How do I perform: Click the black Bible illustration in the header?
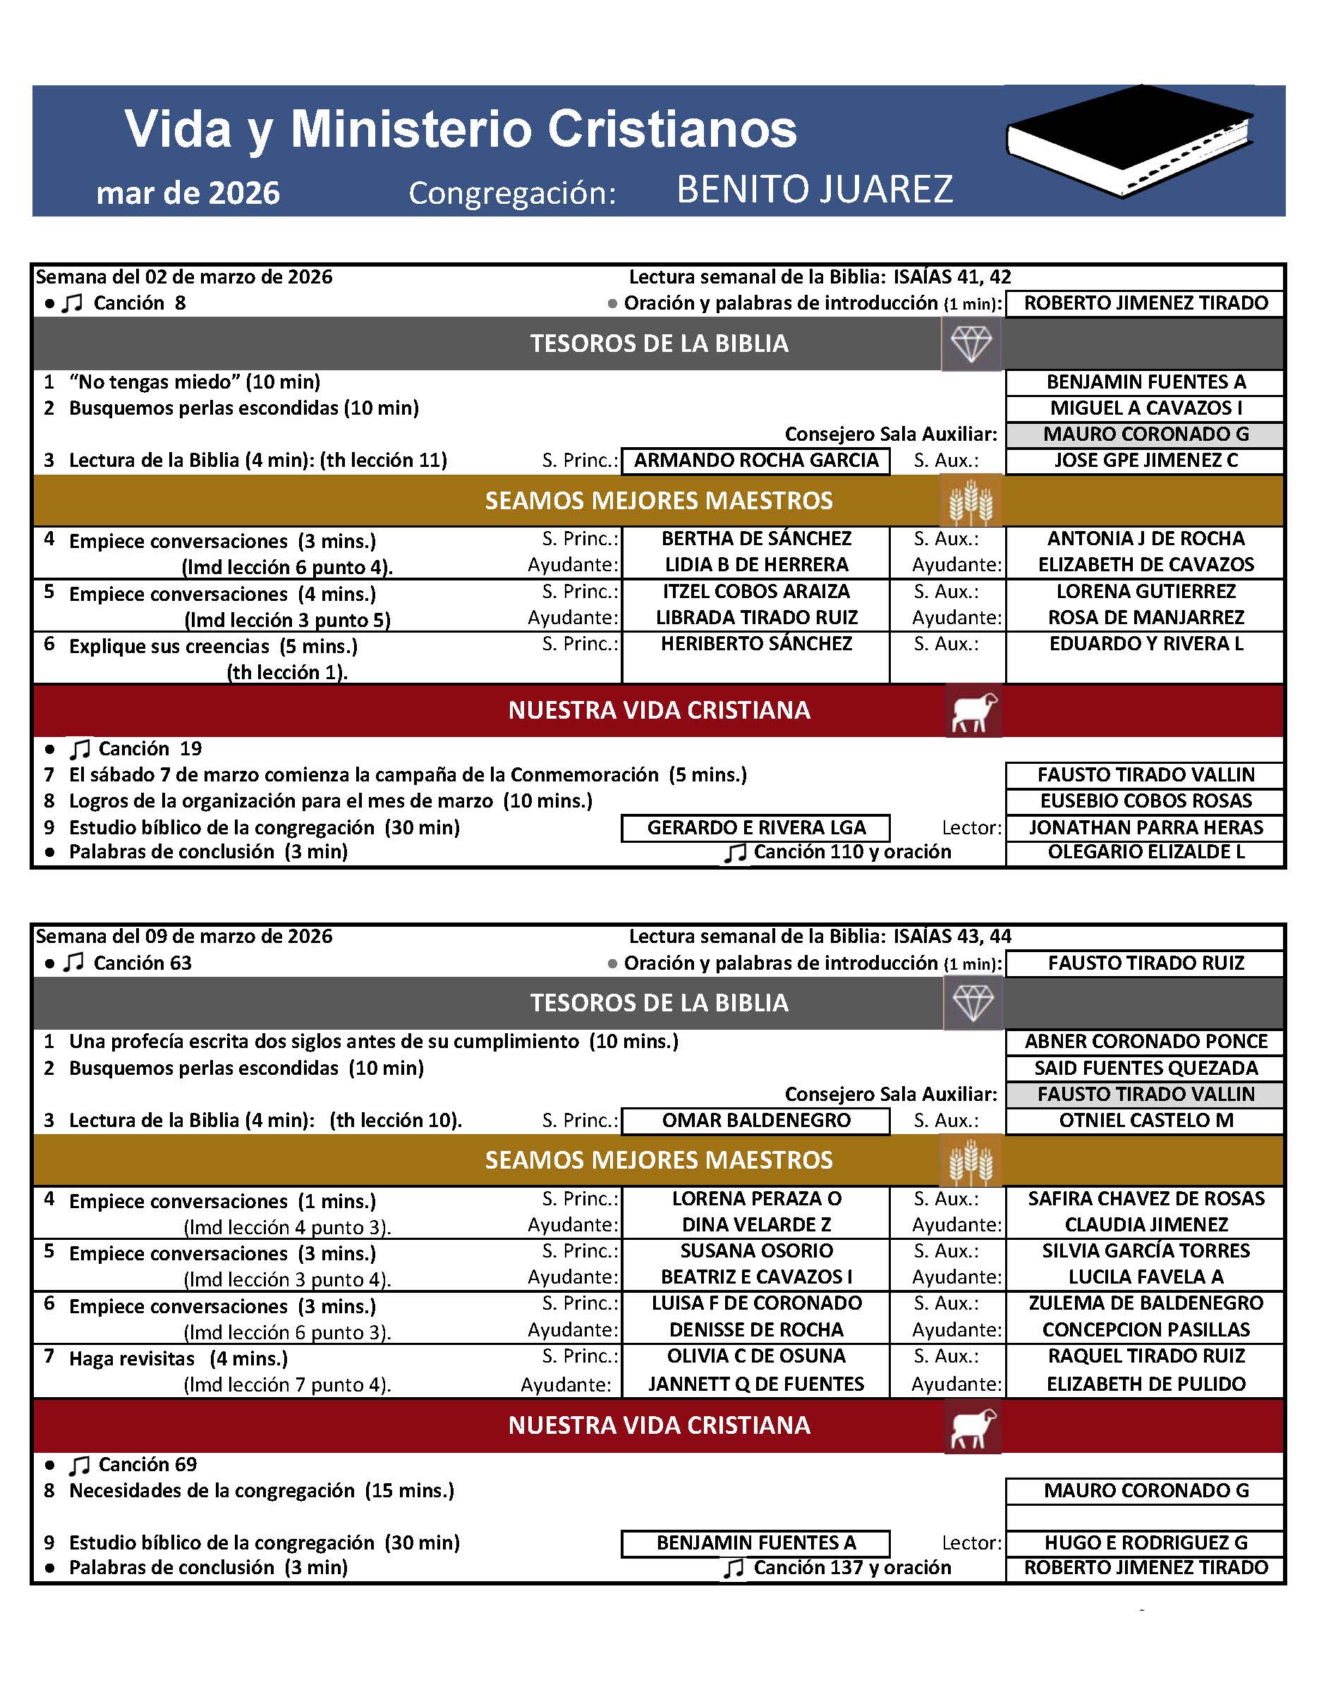[x=1129, y=140]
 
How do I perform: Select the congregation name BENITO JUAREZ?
[x=815, y=189]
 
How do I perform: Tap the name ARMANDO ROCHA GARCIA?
[x=755, y=461]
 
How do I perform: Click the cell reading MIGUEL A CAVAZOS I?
[x=1145, y=408]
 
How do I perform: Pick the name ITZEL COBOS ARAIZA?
[x=755, y=591]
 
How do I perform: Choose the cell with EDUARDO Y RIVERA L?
[x=1145, y=643]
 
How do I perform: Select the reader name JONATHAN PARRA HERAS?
[x=1145, y=827]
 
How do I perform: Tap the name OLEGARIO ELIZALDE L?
[x=1145, y=852]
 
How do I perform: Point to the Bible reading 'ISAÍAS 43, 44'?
[x=952, y=936]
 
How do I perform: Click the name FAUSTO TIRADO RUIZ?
[x=1145, y=963]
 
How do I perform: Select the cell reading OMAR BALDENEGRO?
[x=755, y=1120]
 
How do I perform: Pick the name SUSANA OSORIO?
[x=755, y=1251]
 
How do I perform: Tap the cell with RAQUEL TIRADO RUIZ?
[x=1145, y=1356]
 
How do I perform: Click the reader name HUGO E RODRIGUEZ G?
[x=1145, y=1542]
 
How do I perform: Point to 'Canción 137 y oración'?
[x=851, y=1568]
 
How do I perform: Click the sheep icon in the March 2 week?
[x=973, y=711]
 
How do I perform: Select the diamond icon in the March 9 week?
[x=973, y=1003]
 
